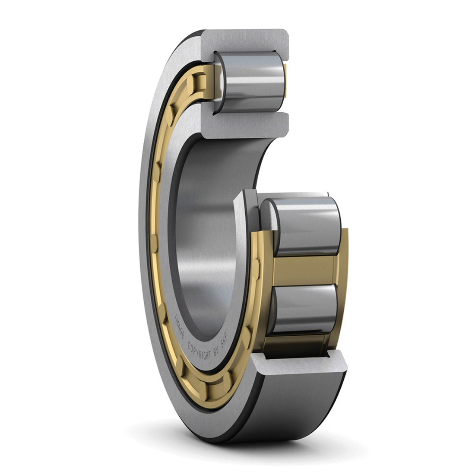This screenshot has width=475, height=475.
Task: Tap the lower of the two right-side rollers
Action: point(304,309)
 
